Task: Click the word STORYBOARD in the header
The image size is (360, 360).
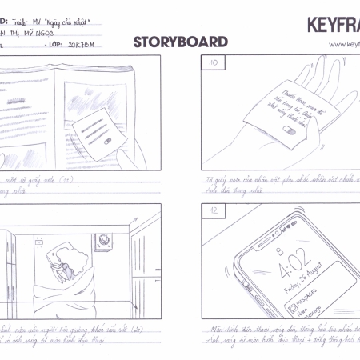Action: tap(180, 42)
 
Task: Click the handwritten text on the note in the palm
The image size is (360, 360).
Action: tap(285, 105)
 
